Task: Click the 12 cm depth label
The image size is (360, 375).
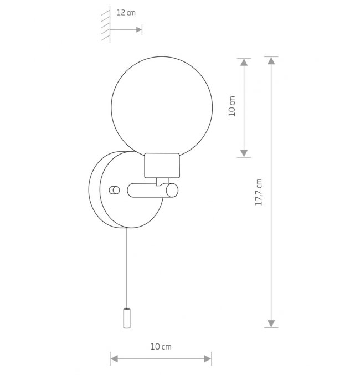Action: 126,12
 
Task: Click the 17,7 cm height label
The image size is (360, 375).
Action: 259,192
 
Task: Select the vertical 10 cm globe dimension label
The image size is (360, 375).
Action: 232,106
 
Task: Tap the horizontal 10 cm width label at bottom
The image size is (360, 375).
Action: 161,347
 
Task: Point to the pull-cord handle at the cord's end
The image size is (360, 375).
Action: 127,318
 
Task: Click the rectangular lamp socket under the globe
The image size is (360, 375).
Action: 162,166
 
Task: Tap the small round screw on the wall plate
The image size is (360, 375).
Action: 114,190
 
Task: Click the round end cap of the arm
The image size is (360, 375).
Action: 172,191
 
